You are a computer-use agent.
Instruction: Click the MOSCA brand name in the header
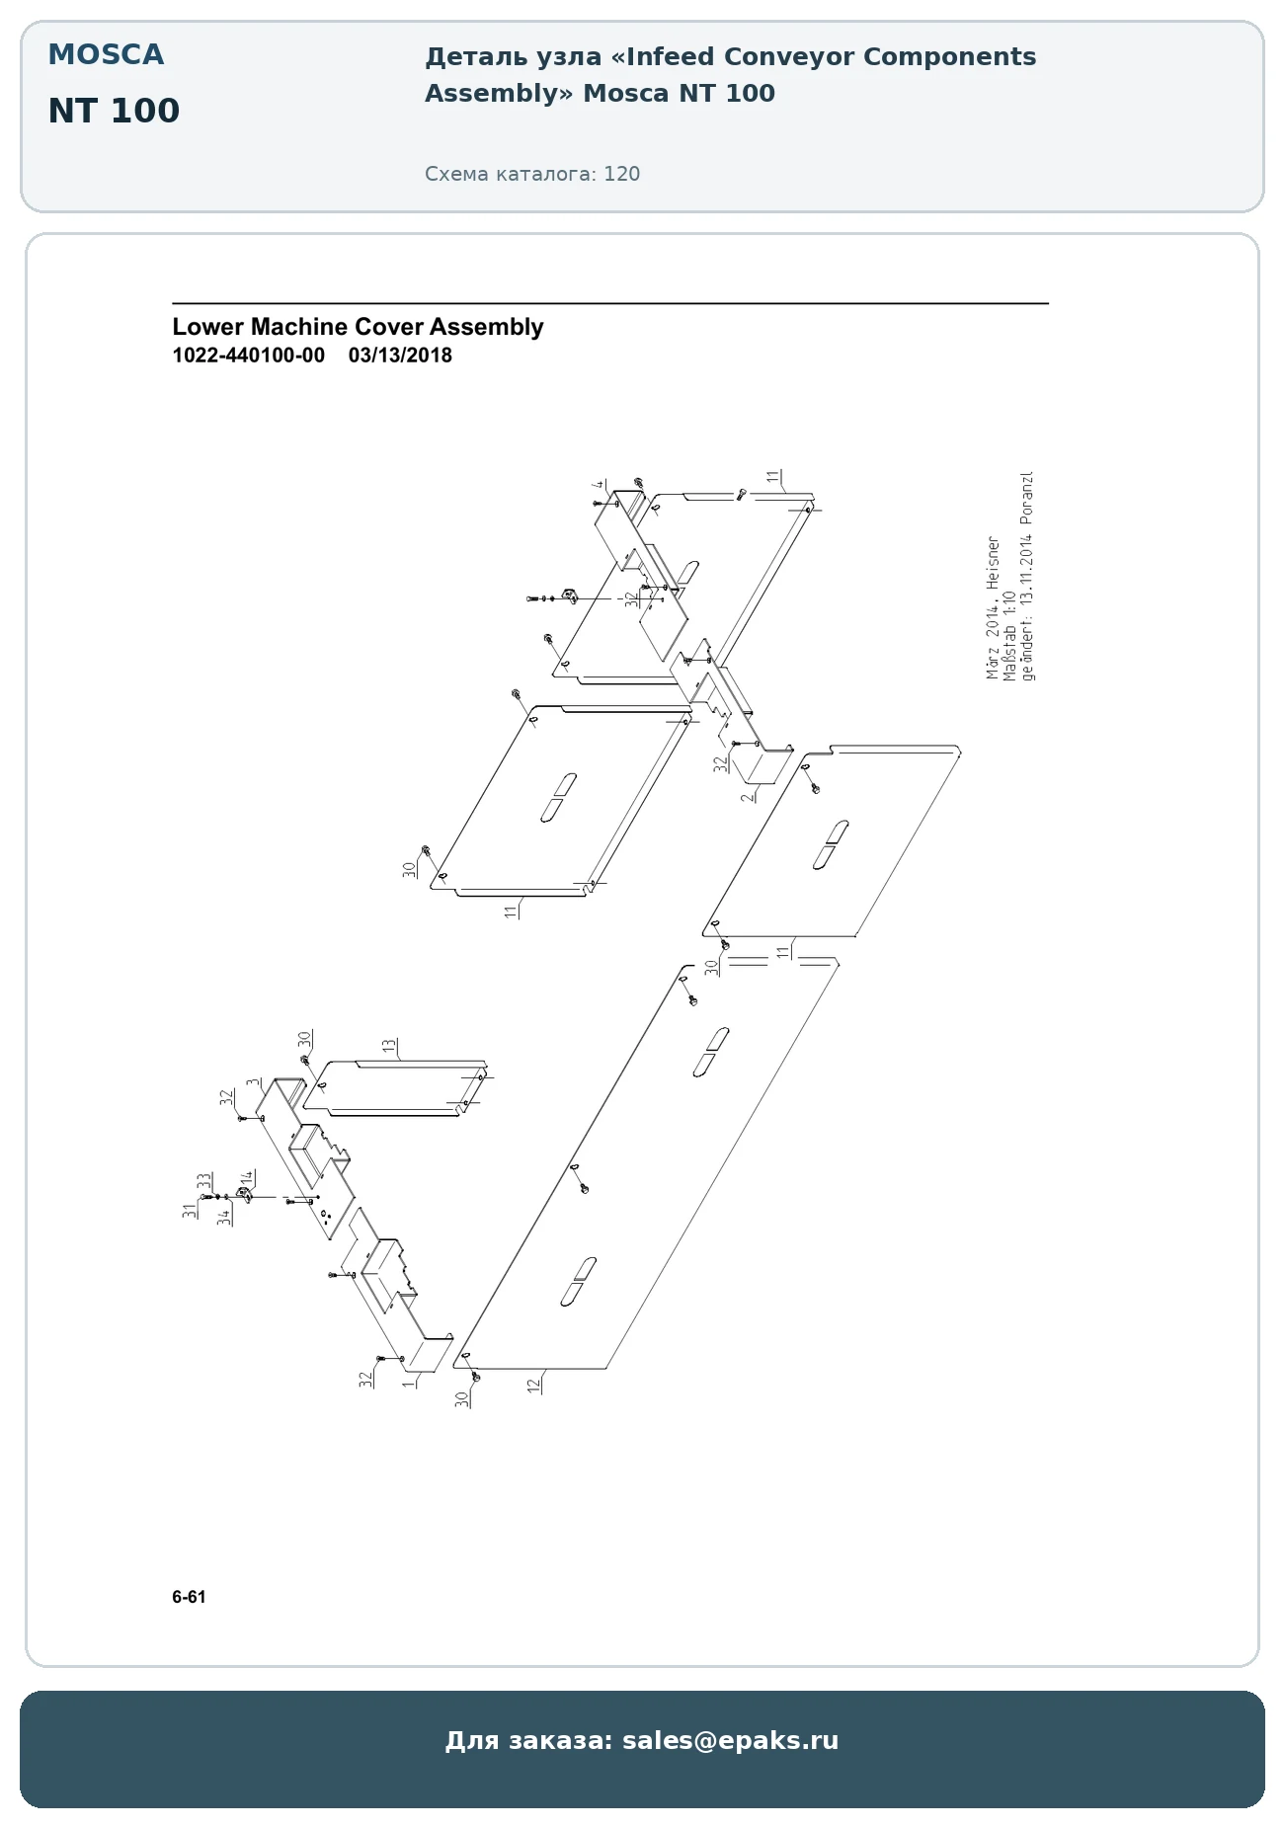point(106,55)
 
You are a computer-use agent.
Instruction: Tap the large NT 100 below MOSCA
point(114,112)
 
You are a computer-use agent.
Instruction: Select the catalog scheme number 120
point(622,175)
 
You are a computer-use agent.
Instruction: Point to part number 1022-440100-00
point(248,356)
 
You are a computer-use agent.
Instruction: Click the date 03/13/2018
point(400,356)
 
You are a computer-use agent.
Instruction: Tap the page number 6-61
point(189,1597)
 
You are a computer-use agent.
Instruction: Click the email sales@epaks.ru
point(730,1740)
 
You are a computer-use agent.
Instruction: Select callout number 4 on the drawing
point(599,485)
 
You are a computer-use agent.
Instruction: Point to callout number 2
point(748,795)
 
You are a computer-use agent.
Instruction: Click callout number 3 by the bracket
point(253,1082)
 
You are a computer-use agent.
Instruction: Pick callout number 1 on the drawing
point(408,1384)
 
